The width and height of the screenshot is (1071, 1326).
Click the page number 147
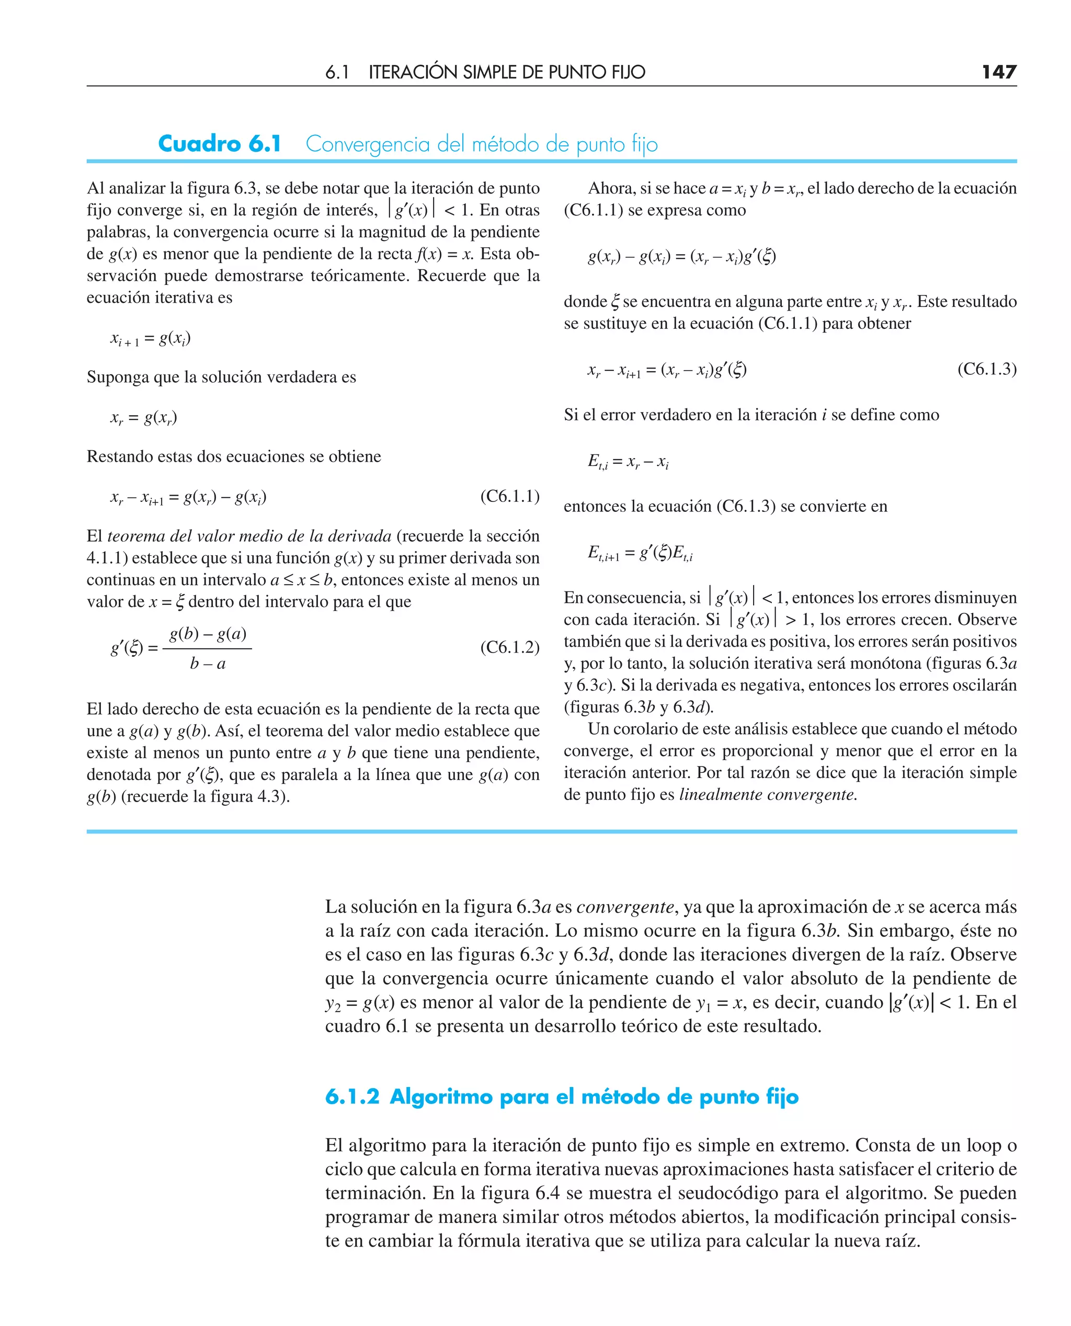999,72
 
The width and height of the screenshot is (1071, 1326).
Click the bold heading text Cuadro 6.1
220,144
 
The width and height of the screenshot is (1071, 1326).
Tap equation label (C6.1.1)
509,497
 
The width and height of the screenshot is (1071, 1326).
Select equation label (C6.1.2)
509,648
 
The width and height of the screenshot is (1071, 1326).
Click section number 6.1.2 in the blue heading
352,1096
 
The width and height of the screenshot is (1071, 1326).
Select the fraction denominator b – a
208,664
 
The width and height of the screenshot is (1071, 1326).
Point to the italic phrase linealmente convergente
768,794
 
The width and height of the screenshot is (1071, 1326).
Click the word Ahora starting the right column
611,188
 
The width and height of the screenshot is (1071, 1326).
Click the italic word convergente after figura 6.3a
625,907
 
